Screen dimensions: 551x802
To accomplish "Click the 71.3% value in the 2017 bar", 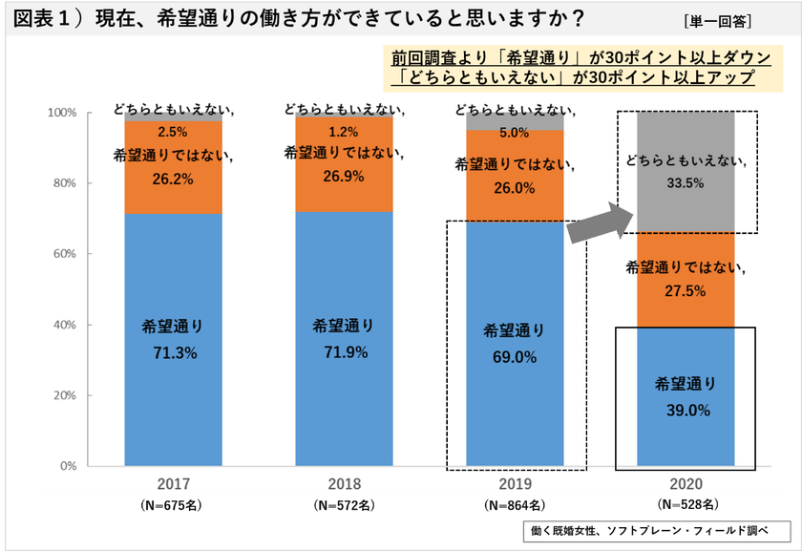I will (174, 353).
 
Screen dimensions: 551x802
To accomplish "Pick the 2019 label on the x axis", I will (515, 484).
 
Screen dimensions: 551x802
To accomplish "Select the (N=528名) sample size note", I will (686, 503).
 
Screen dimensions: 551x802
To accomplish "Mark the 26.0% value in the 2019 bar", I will (515, 189).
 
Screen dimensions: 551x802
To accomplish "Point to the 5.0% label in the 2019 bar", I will (515, 133).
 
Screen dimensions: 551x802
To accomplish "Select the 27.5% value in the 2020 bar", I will (686, 291).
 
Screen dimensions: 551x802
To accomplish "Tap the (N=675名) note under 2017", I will (174, 503).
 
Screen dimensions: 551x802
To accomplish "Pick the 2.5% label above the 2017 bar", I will (174, 132).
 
